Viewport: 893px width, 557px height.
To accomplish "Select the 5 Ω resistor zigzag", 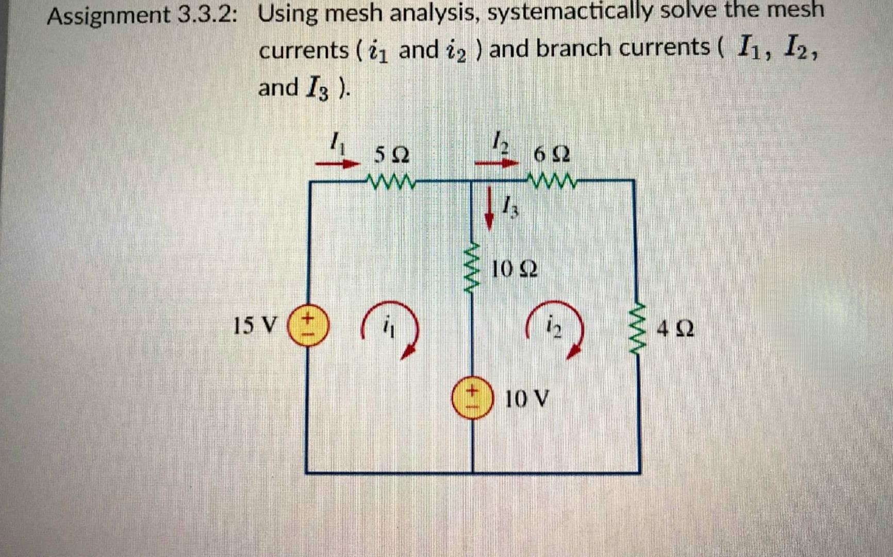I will point(390,181).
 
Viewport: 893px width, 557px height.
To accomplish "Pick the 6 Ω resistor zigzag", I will point(552,181).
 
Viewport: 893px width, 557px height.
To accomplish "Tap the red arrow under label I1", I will point(337,164).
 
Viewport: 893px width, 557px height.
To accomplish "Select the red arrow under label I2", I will point(496,163).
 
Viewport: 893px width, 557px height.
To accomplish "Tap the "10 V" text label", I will point(526,399).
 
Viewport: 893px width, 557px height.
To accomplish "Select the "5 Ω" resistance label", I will point(391,154).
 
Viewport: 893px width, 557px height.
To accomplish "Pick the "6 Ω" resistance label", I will point(551,154).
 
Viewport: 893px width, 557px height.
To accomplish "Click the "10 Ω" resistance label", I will point(514,269).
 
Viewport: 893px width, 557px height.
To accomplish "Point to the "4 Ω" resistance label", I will point(675,328).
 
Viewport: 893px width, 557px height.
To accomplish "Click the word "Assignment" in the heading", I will point(109,15).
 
